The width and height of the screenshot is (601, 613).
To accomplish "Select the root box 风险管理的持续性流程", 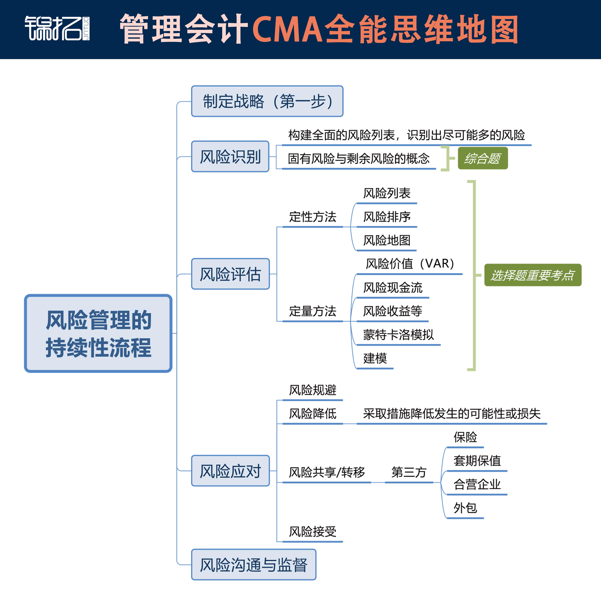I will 98,333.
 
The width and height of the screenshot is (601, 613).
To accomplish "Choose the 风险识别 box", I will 230,157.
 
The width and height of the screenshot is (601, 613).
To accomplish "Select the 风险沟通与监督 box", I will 253,565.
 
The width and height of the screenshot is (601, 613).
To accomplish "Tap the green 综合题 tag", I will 483,158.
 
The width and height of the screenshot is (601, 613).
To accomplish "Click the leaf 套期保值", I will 477,461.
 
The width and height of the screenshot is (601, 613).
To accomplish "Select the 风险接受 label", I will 313,532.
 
